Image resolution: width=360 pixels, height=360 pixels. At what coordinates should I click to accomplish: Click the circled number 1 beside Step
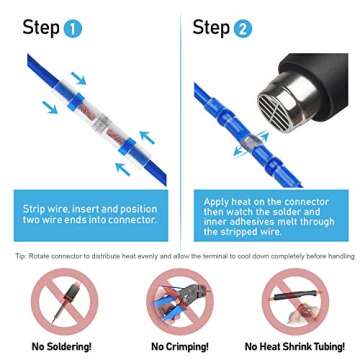tap(72, 28)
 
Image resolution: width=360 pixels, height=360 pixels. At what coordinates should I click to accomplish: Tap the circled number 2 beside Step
tap(242, 28)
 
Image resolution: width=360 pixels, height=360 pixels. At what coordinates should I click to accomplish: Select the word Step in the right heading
tap(210, 27)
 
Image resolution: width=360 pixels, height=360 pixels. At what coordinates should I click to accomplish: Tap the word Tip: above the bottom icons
tap(21, 255)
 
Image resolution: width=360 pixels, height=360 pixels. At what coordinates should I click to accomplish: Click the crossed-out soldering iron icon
tap(59, 301)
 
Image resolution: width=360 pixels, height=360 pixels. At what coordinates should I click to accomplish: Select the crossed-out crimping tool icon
tap(179, 301)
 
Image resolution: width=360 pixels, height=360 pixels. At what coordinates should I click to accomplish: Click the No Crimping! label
tap(179, 346)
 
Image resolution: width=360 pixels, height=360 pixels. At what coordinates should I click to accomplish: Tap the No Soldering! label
tap(59, 346)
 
